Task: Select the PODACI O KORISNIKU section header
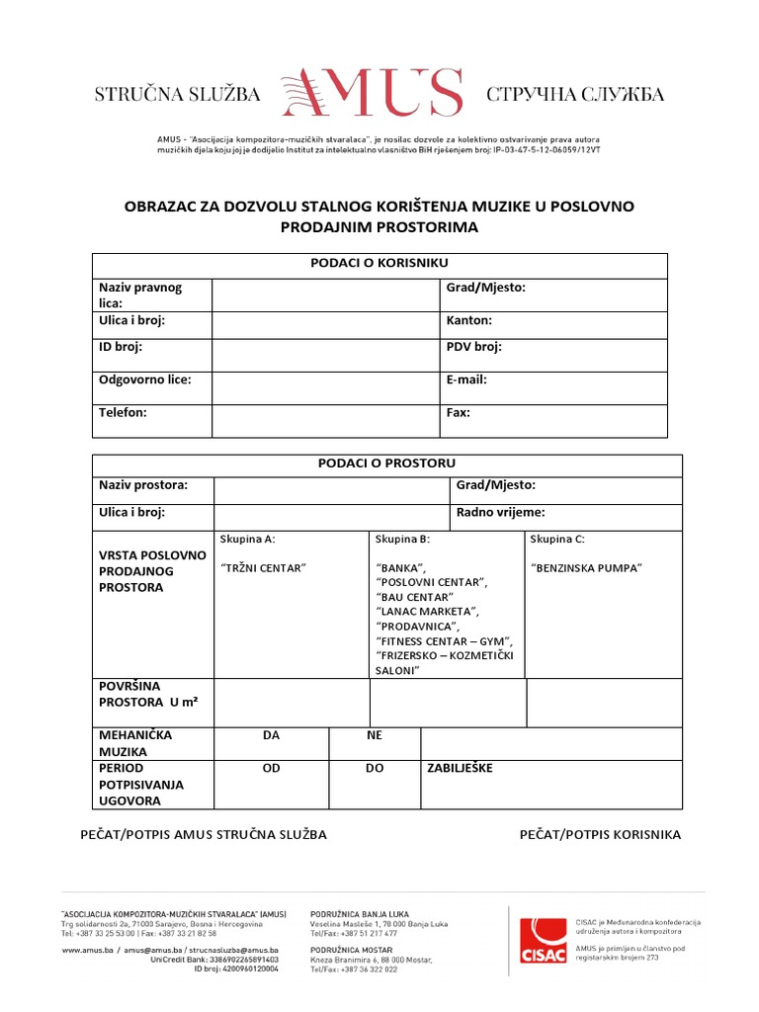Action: point(379,263)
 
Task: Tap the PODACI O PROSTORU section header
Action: point(386,464)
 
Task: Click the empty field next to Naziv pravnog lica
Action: point(324,295)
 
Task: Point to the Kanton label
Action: point(469,321)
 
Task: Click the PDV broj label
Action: point(474,347)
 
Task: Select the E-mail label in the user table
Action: point(466,379)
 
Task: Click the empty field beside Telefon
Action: point(324,420)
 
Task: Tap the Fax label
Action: point(459,413)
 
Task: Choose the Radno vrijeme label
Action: point(500,513)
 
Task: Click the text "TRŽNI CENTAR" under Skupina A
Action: point(264,568)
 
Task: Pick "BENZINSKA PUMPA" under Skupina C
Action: point(586,568)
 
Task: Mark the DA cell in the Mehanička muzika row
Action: point(272,736)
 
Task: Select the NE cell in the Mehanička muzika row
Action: point(375,736)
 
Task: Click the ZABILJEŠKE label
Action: point(459,768)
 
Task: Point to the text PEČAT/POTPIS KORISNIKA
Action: point(600,835)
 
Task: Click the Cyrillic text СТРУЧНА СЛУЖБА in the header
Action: point(575,95)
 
